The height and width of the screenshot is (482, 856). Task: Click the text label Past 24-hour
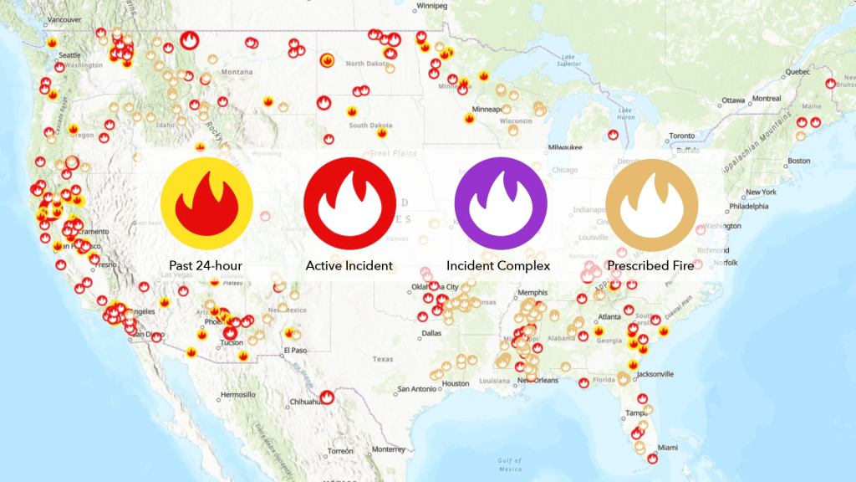pyautogui.click(x=206, y=266)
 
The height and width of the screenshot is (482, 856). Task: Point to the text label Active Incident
pyautogui.click(x=349, y=266)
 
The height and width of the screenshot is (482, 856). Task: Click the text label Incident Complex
pyautogui.click(x=498, y=266)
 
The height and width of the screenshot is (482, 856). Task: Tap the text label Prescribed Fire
pyautogui.click(x=650, y=266)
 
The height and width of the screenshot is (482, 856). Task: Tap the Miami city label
pyautogui.click(x=666, y=447)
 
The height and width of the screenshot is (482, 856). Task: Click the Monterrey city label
pyautogui.click(x=389, y=449)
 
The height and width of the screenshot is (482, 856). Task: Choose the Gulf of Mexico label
pyautogui.click(x=508, y=464)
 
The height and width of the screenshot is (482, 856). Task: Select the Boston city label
pyautogui.click(x=799, y=161)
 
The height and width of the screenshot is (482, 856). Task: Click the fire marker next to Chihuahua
pyautogui.click(x=328, y=398)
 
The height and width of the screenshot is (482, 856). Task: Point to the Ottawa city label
pyautogui.click(x=733, y=100)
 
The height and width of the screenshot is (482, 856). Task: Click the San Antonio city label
pyautogui.click(x=416, y=388)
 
